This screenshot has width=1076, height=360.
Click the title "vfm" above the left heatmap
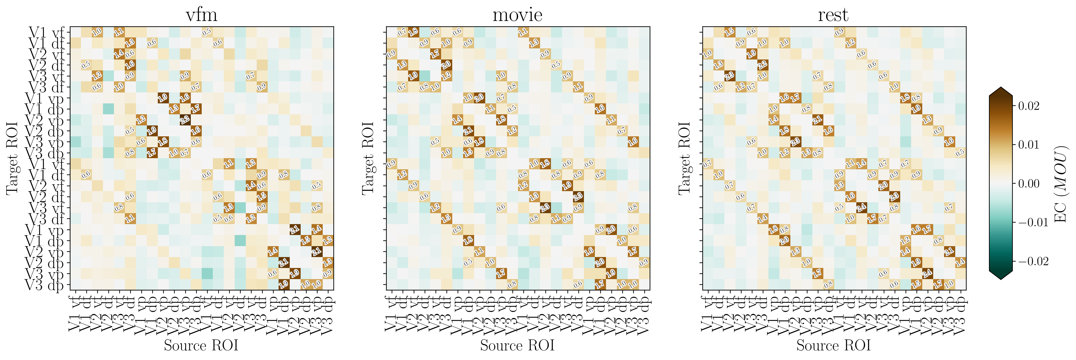(201, 15)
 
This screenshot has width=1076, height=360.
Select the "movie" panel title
(518, 15)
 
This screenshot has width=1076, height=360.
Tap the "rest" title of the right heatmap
(833, 15)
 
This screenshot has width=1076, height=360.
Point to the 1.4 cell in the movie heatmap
(457, 120)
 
